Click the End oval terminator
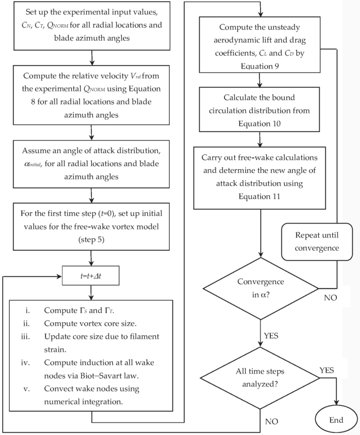[336, 420]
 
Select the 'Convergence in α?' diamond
[261, 288]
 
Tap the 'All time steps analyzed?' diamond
[260, 378]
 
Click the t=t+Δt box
[91, 276]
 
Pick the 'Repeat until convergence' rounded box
[317, 242]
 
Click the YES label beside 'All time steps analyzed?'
[327, 370]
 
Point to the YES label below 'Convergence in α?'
[271, 336]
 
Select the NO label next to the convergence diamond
[330, 298]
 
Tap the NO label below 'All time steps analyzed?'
[271, 422]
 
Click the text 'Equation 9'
[260, 66]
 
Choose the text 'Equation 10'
[259, 124]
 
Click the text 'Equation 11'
[259, 196]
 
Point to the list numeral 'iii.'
[25, 337]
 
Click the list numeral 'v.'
[26, 389]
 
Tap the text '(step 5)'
[91, 240]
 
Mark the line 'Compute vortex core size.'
[90, 324]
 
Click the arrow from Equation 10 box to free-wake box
[260, 139]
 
